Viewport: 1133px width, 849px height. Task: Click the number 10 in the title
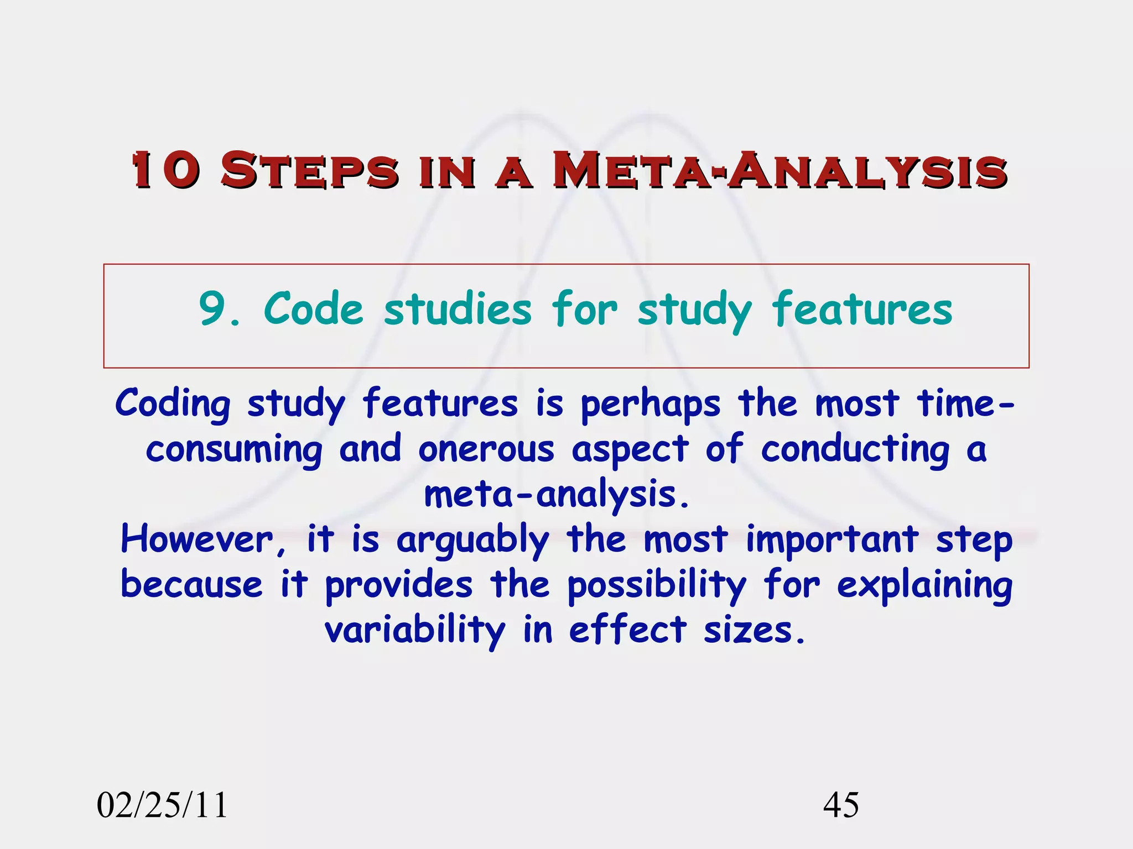click(x=165, y=170)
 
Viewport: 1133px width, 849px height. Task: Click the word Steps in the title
click(x=310, y=170)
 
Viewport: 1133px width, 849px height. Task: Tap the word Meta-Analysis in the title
click(x=780, y=170)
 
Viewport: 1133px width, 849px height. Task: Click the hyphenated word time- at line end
click(x=965, y=403)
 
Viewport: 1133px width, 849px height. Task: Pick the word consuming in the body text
click(x=234, y=450)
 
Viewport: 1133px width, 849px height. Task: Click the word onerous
click(x=486, y=449)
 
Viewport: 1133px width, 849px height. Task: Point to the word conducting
click(x=855, y=450)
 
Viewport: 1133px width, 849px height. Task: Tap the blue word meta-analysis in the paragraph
click(x=557, y=495)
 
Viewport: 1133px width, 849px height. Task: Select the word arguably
click(x=472, y=541)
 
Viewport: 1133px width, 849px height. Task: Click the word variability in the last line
click(x=415, y=631)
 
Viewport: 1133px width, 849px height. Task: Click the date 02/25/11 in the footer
click(x=162, y=805)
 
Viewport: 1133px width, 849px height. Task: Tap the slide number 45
click(x=841, y=805)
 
